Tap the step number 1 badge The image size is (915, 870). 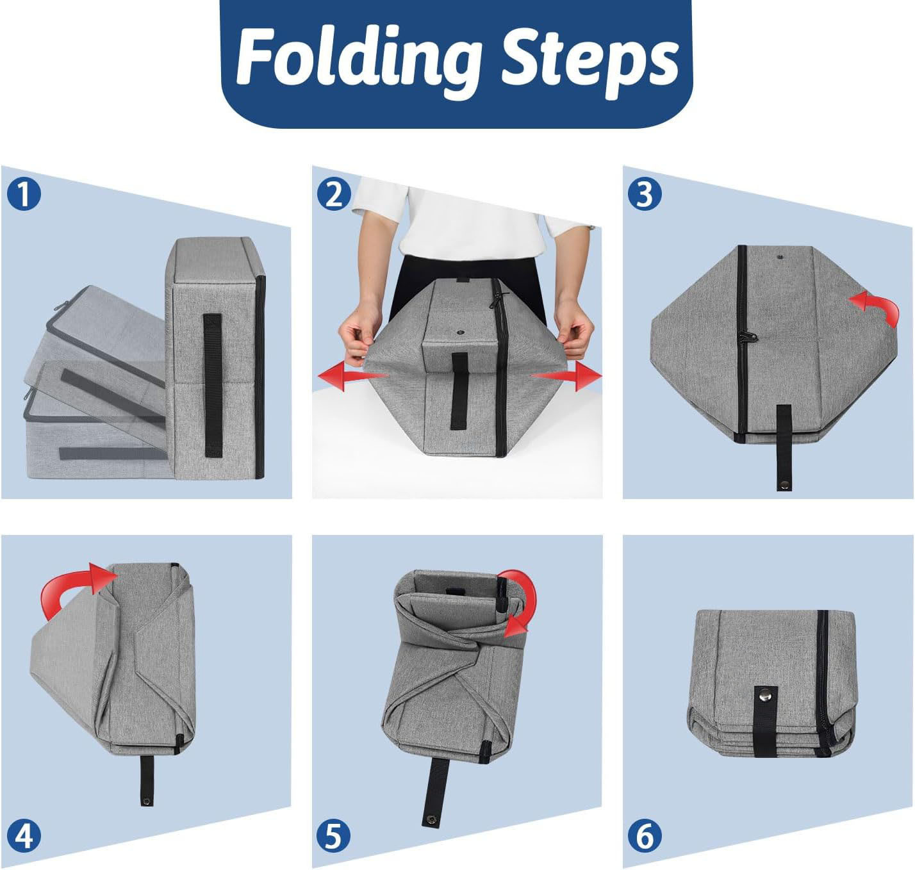pos(24,194)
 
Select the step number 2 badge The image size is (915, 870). pos(334,194)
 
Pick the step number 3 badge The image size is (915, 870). pos(645,194)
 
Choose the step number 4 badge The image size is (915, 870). pos(24,836)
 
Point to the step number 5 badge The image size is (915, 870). pos(334,836)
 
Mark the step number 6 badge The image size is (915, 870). pos(645,836)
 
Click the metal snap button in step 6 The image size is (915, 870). pos(765,693)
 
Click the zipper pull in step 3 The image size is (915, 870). pos(748,337)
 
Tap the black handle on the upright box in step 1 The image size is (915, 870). pos(213,385)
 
